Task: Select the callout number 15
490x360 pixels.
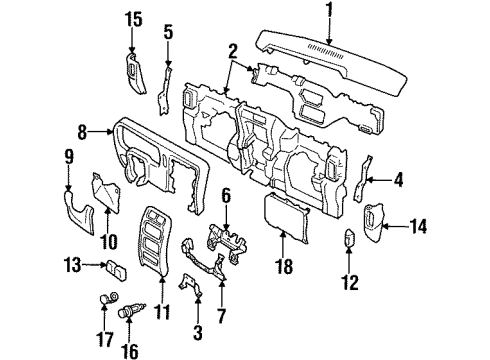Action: point(134,19)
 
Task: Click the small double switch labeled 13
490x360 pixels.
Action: point(117,268)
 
